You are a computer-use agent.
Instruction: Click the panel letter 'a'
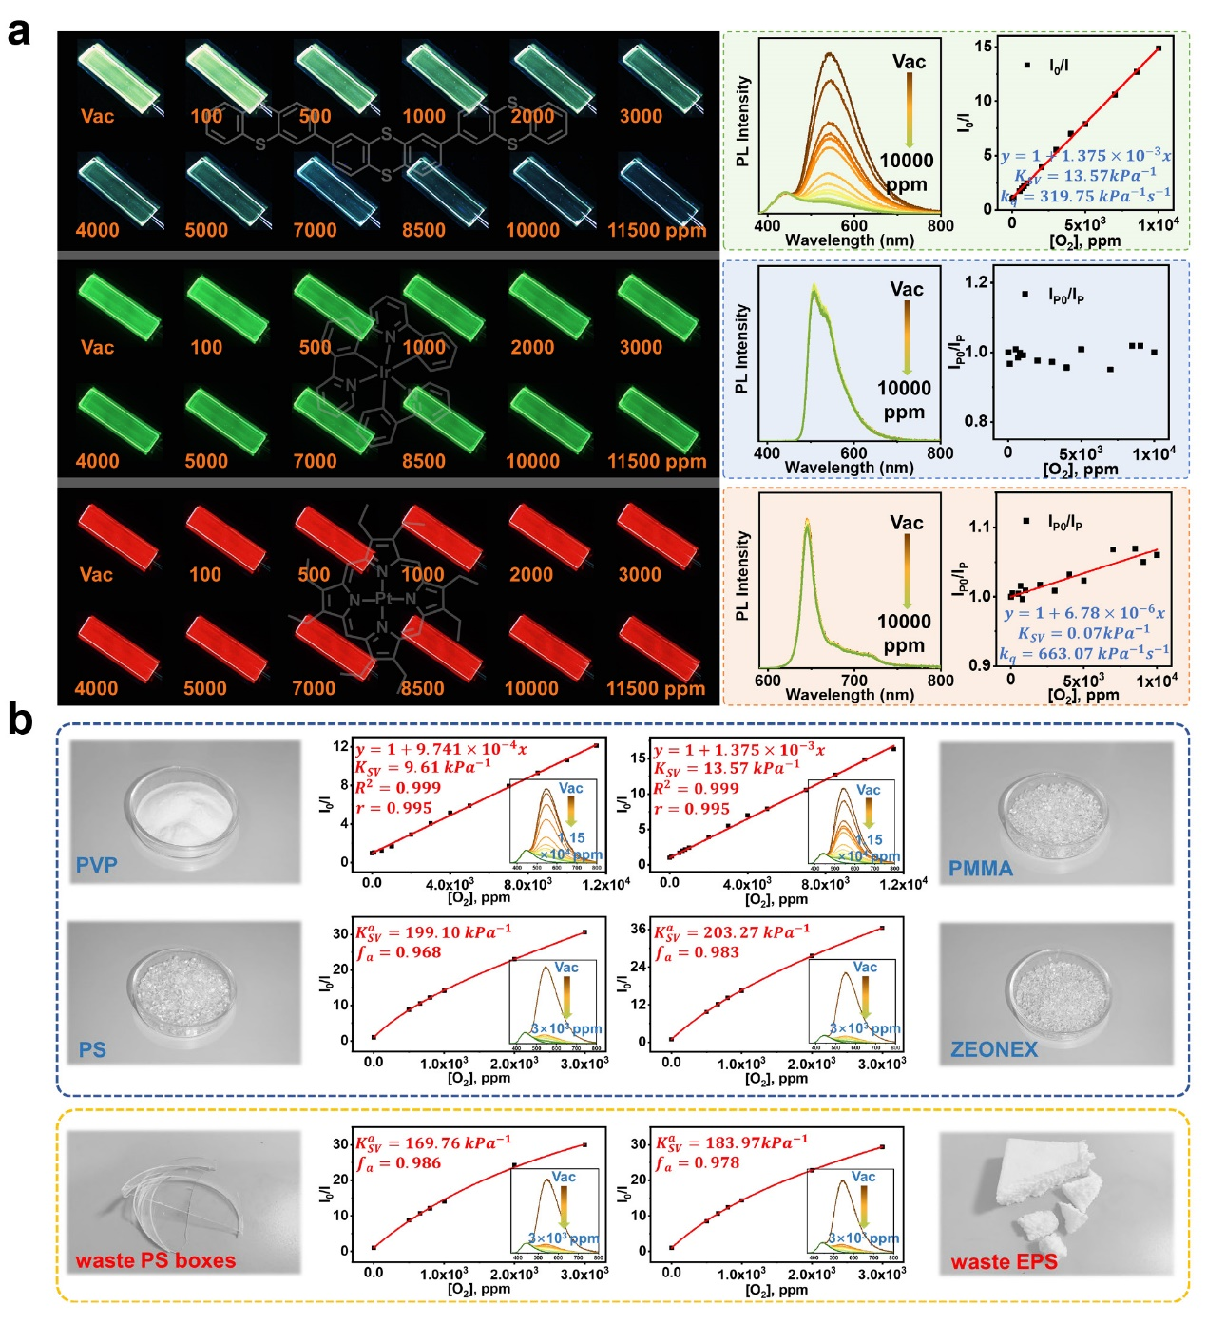click(18, 31)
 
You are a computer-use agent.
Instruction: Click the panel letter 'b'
click(19, 720)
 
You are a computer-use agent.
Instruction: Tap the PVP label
click(97, 865)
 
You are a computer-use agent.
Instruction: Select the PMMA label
click(980, 868)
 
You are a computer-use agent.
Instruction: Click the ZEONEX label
click(994, 1049)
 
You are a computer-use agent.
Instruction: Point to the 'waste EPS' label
click(1004, 1262)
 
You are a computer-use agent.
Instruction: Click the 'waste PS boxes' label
click(155, 1260)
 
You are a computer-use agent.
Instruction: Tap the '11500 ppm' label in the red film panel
click(656, 688)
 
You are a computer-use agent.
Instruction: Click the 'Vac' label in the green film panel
click(97, 347)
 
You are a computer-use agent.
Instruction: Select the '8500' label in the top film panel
click(423, 230)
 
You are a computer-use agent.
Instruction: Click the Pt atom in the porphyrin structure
click(383, 599)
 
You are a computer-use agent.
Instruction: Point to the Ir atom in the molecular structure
click(384, 374)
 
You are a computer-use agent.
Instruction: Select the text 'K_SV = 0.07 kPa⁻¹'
click(1083, 633)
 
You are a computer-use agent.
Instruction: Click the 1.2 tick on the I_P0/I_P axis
click(976, 282)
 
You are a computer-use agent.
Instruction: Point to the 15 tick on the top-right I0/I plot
click(983, 47)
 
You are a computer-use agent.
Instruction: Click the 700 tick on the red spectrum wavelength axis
click(853, 681)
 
